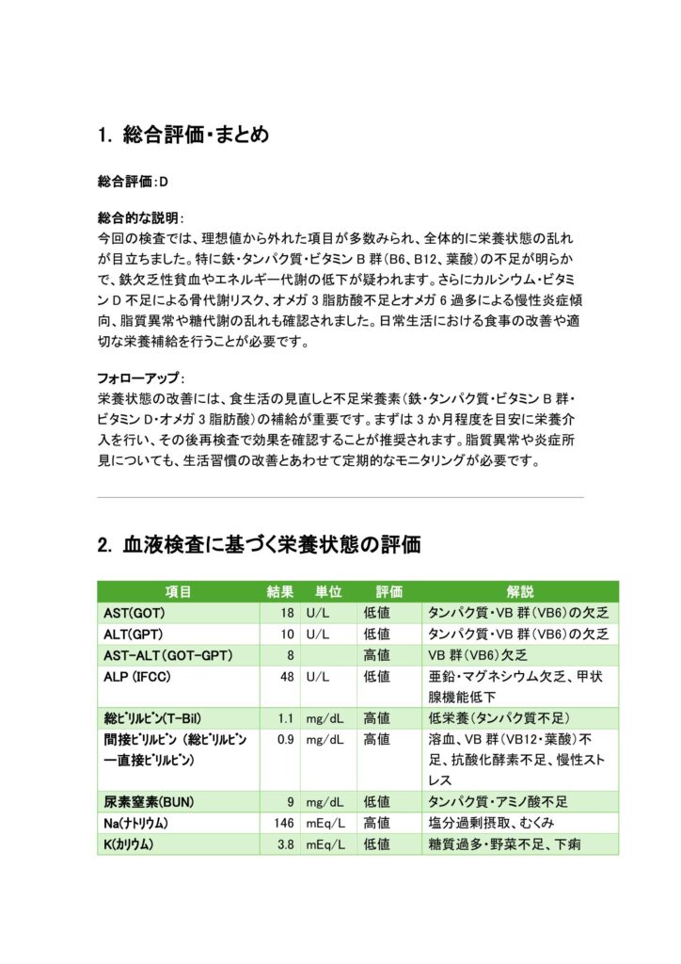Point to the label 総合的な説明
140,217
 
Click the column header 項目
179,592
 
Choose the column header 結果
280,592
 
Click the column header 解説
519,592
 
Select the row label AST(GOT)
135,613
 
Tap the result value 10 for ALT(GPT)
287,634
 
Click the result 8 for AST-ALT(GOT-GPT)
291,654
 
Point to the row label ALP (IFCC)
140,676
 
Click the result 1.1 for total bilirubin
286,718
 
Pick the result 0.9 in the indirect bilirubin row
286,739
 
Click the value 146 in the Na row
283,823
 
